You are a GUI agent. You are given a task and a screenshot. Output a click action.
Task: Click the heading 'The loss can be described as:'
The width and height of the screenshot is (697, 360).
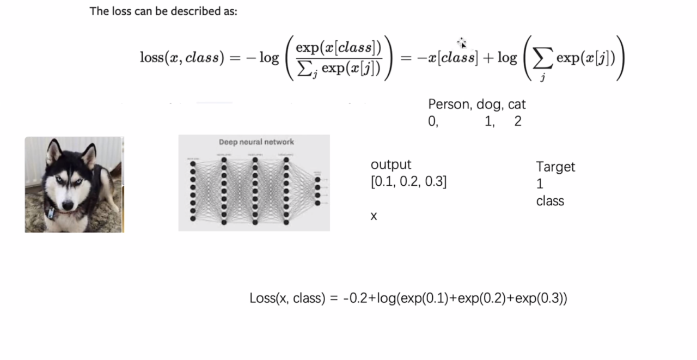(163, 11)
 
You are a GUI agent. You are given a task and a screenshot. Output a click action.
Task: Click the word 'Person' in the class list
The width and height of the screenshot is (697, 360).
(450, 105)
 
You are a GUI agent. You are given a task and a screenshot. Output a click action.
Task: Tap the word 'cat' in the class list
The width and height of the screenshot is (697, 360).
(517, 105)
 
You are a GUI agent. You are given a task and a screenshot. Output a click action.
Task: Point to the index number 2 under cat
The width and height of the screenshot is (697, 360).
(518, 121)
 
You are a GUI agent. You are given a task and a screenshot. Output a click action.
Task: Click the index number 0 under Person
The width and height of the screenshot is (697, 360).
(432, 121)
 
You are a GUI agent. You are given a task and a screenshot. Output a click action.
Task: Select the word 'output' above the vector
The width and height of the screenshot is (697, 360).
(391, 164)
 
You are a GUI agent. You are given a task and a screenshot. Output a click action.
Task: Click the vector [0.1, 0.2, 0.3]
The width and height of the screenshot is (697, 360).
(408, 182)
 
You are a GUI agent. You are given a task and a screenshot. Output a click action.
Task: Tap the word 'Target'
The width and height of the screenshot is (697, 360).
(555, 167)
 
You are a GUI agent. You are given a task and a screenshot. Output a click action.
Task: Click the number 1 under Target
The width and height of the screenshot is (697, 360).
(540, 185)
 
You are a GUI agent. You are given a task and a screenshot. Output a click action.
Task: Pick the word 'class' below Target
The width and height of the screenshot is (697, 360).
(550, 201)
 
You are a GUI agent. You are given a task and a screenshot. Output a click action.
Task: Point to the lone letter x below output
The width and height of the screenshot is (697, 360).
(374, 216)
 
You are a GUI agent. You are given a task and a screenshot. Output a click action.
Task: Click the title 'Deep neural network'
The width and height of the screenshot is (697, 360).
(256, 142)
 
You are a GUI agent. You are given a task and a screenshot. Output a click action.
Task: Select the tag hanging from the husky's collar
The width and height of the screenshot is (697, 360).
(51, 213)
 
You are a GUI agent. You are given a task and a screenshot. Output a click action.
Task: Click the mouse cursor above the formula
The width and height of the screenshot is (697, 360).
(462, 43)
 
